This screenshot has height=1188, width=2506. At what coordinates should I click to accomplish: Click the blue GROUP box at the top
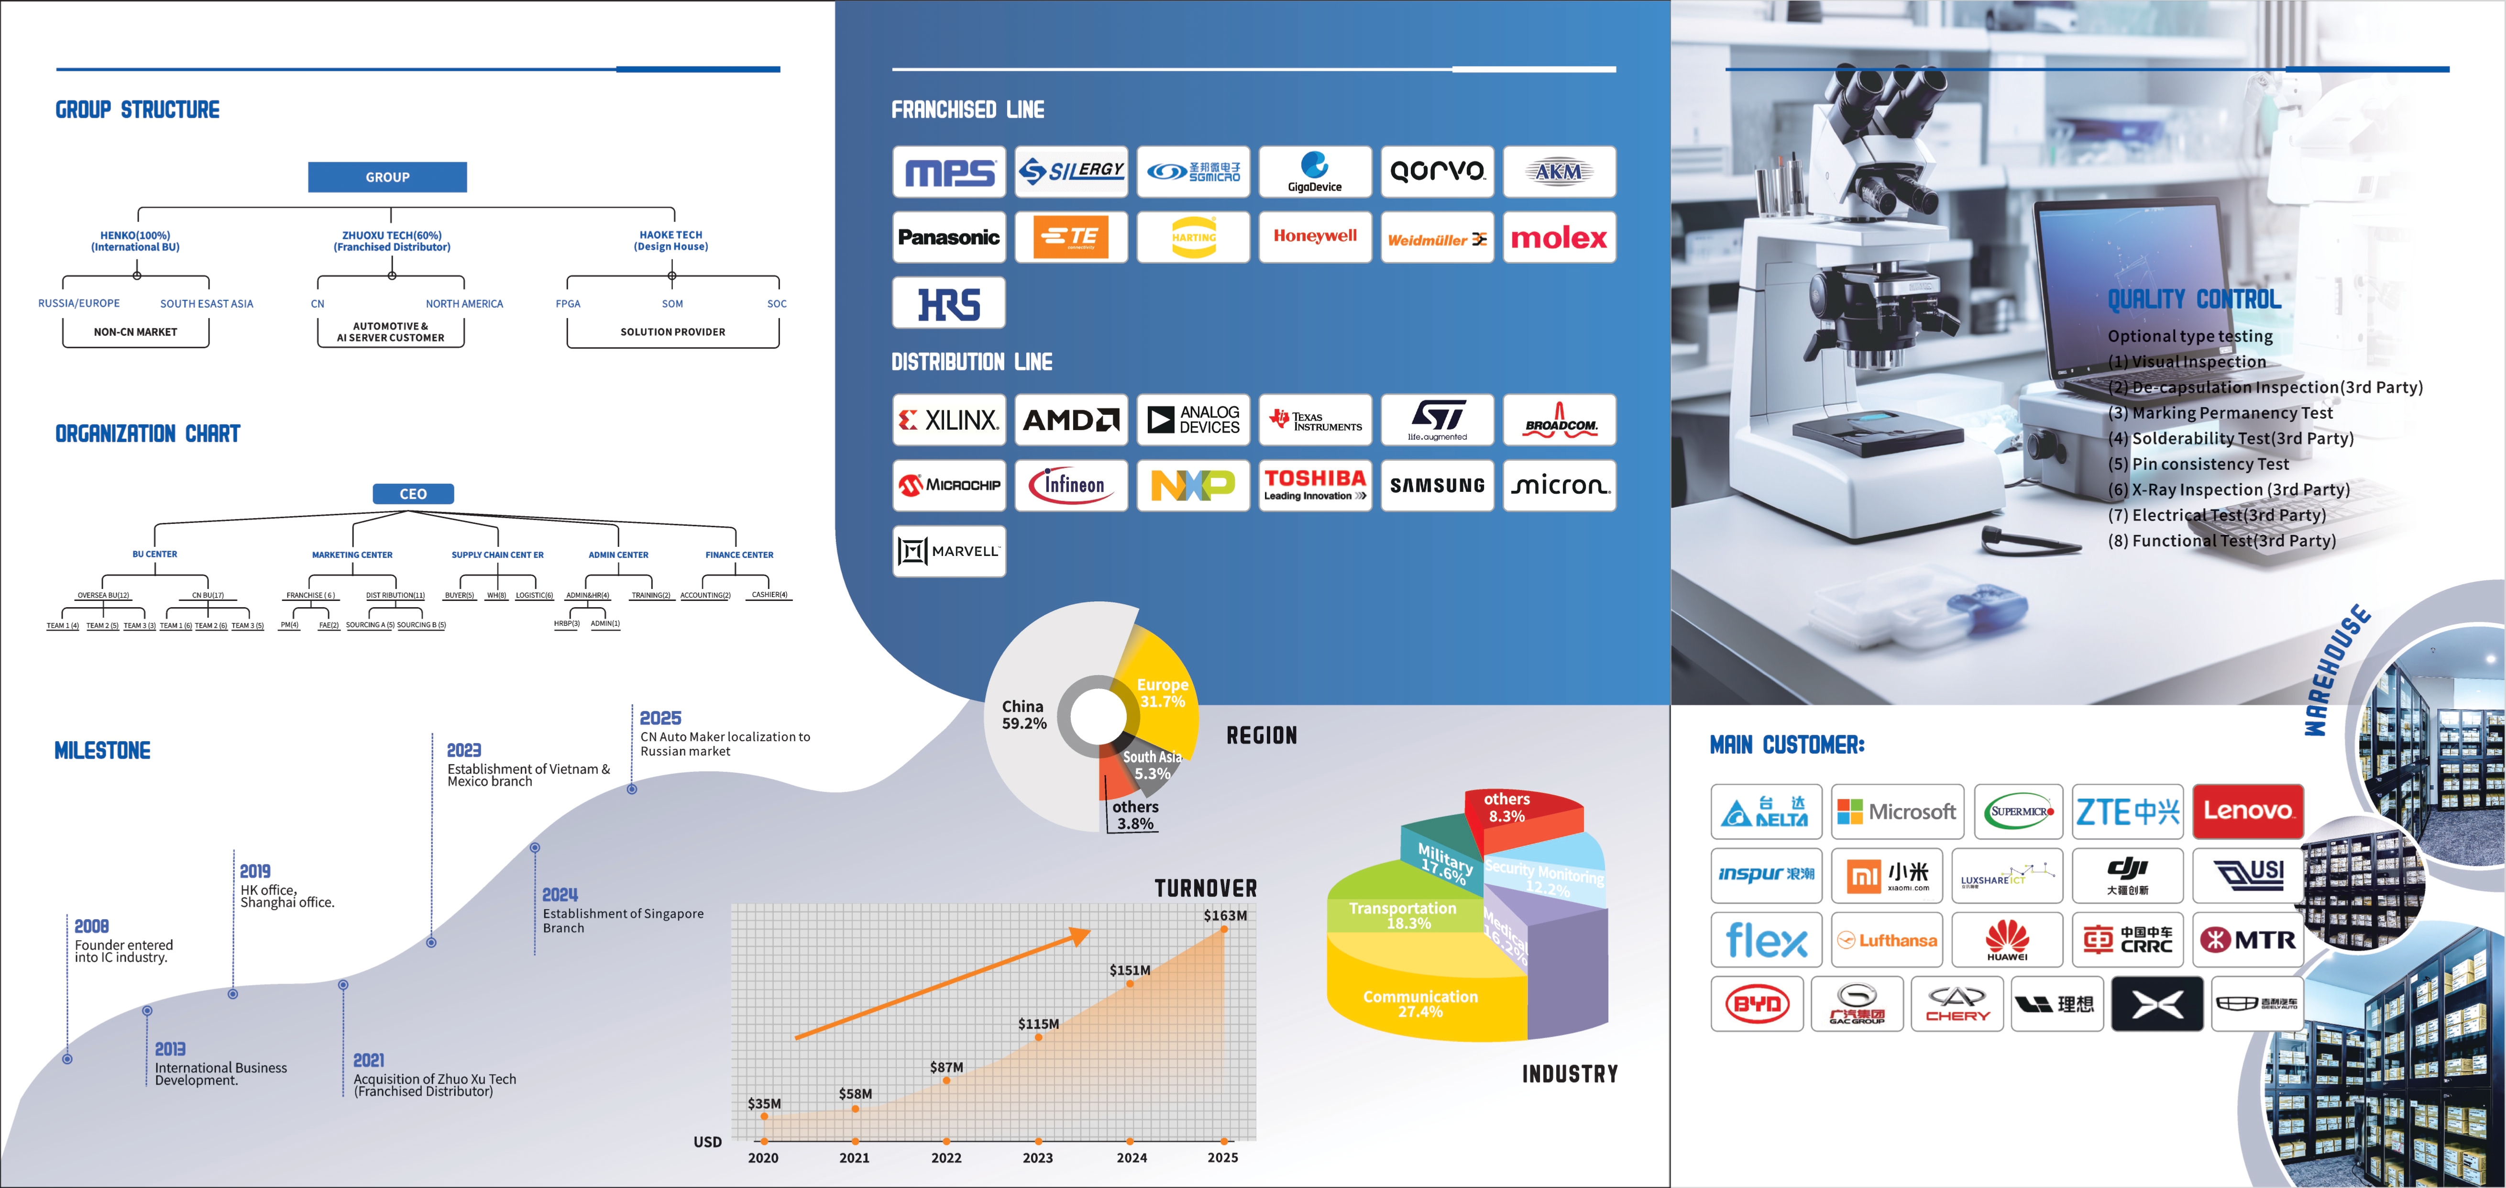tap(387, 177)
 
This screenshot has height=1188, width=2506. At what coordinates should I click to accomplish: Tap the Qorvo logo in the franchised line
tap(1437, 172)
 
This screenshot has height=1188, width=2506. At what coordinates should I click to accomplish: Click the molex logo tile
tap(1559, 237)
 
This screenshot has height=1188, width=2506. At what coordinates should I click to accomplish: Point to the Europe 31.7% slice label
tap(1163, 693)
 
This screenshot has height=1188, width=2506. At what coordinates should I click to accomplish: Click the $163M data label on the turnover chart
tap(1225, 916)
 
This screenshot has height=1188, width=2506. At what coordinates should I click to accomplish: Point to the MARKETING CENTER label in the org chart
tap(352, 555)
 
